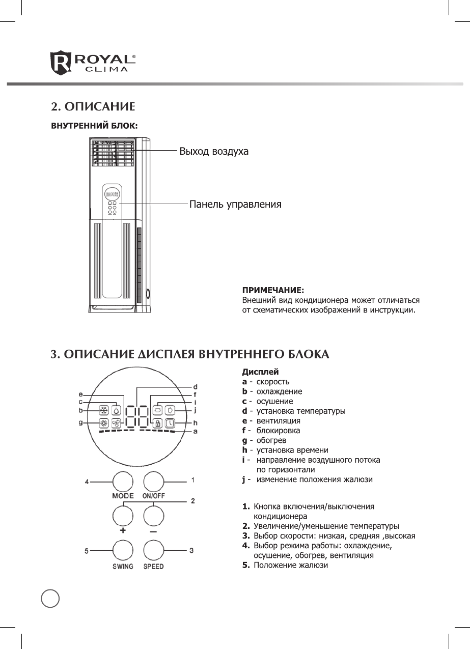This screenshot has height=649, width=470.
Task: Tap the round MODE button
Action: [x=123, y=481]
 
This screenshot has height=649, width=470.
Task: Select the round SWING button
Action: [x=123, y=551]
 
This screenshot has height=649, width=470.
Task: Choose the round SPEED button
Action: [x=154, y=551]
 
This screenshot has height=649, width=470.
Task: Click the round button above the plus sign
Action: [x=123, y=516]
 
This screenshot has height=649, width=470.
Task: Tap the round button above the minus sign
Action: [x=154, y=516]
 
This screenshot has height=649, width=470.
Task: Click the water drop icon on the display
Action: [x=117, y=410]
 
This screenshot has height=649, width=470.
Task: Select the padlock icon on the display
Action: [x=158, y=423]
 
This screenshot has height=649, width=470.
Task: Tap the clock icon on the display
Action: [x=170, y=423]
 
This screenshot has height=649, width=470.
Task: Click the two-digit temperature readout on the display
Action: [x=136, y=416]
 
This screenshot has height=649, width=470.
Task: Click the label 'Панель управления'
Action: [x=235, y=205]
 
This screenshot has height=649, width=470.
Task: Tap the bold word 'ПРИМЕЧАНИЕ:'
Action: [x=272, y=290]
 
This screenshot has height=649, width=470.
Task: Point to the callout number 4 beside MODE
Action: [x=87, y=481]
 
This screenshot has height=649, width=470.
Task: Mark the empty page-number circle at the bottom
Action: [x=50, y=598]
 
